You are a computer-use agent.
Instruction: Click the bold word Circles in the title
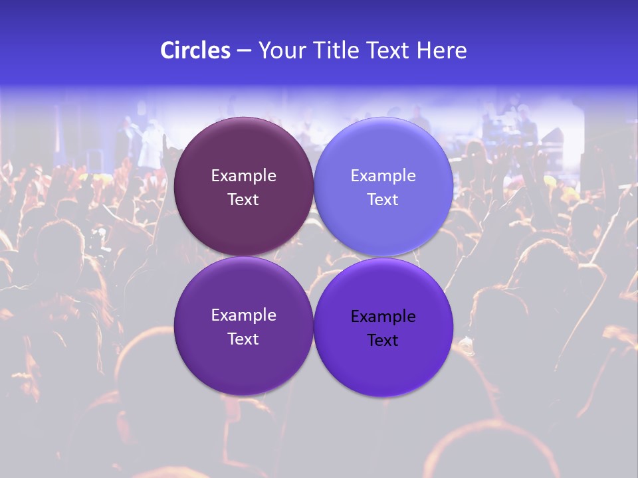tap(195, 50)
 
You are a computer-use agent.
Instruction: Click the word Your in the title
tap(281, 50)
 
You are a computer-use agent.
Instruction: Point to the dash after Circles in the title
tap(243, 51)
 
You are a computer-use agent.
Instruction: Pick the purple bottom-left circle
tap(243, 362)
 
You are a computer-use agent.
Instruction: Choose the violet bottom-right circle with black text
tap(383, 365)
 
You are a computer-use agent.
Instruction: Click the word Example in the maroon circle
tap(243, 176)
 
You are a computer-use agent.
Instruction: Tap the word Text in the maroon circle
tap(243, 200)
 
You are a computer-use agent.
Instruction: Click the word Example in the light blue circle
tap(383, 176)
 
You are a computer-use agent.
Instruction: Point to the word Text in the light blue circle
tap(383, 200)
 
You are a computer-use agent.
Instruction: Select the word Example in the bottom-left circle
tap(243, 315)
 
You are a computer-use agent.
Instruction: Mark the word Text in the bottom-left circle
tap(243, 339)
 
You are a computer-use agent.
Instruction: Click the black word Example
tap(383, 317)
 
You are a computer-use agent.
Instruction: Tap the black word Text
tap(383, 341)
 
